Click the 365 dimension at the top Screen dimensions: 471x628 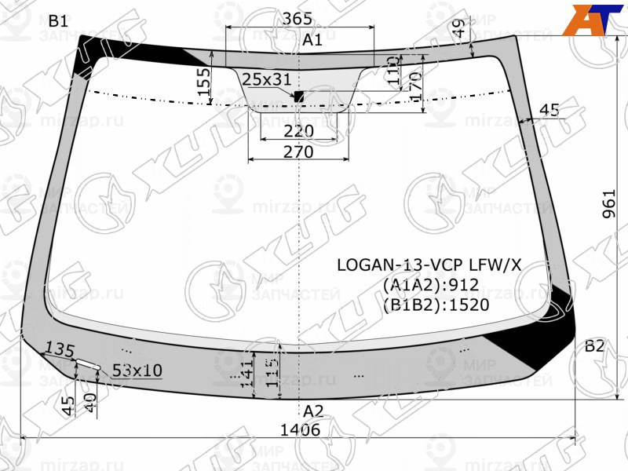pyautogui.click(x=298, y=18)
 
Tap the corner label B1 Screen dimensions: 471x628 pyautogui.click(x=58, y=21)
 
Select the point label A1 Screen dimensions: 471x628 pyautogui.click(x=312, y=40)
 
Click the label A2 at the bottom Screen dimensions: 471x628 pyautogui.click(x=313, y=411)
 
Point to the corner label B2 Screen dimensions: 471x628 pyautogui.click(x=594, y=346)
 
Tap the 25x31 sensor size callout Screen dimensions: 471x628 pyautogui.click(x=266, y=78)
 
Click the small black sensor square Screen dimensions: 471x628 pyautogui.click(x=298, y=97)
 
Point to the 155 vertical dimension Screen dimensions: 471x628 pyautogui.click(x=204, y=83)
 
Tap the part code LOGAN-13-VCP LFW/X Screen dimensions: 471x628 pyautogui.click(x=429, y=265)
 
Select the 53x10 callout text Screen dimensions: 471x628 pyautogui.click(x=137, y=370)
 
